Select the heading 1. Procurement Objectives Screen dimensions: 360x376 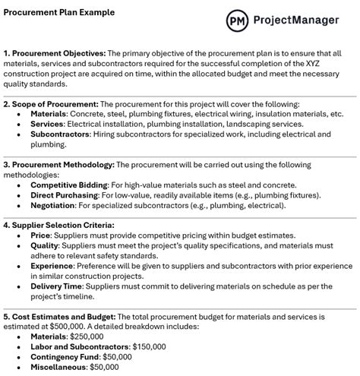tap(54, 53)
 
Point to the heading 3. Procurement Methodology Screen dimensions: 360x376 tap(60, 164)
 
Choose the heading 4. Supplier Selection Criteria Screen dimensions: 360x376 tap(58, 225)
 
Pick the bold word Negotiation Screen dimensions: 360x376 tap(55, 205)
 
